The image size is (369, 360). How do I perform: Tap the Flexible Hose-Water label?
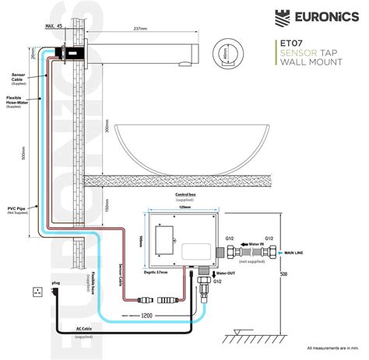[18, 101]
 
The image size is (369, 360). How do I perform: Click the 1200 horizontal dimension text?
[144, 316]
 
